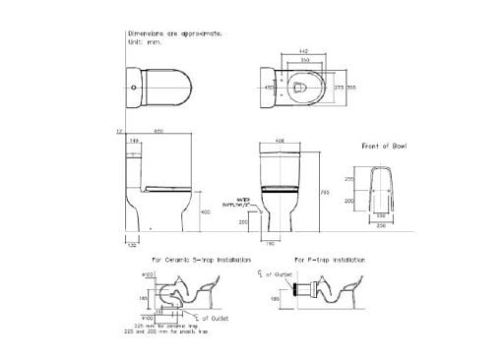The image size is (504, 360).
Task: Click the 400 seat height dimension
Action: click(204, 211)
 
